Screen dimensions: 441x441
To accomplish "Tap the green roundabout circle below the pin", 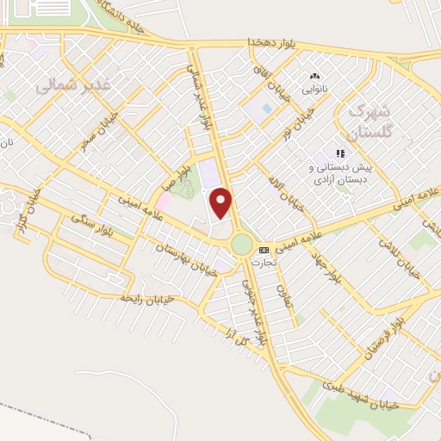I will (x=241, y=244).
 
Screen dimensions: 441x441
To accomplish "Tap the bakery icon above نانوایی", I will (x=314, y=76).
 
